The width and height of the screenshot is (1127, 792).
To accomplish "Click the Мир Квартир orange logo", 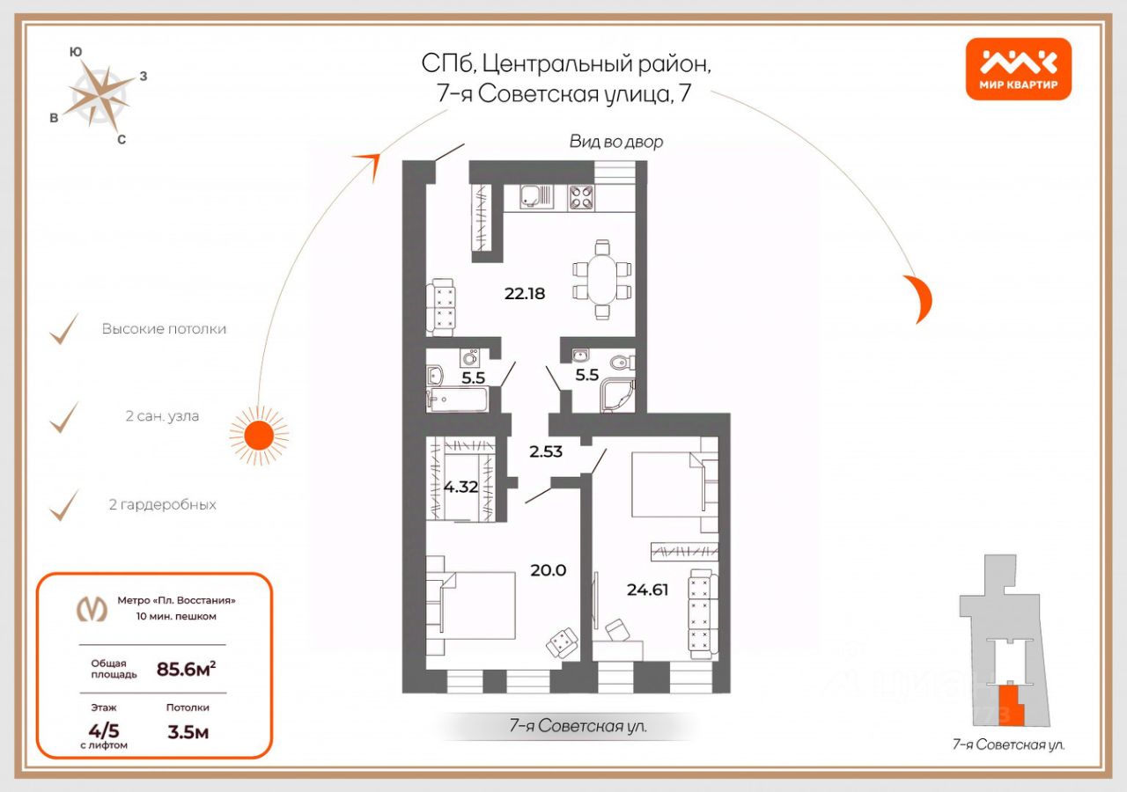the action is pos(1019,69).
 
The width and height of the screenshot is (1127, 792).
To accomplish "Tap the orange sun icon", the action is pos(259,436).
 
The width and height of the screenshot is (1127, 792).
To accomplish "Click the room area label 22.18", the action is pos(525,293).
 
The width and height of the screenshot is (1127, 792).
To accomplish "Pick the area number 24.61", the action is pos(647,590).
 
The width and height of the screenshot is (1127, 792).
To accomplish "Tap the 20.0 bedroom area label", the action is pos(549,570).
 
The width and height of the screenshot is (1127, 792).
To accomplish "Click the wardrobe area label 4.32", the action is pos(460,487).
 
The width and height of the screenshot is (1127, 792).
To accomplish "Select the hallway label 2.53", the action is pos(546,451).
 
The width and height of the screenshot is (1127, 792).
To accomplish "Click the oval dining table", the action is pos(602,280).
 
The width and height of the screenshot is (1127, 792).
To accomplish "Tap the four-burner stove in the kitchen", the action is pos(581,198).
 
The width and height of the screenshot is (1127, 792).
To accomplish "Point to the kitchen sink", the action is pos(536,196).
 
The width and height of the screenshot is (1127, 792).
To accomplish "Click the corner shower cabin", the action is pos(617,395).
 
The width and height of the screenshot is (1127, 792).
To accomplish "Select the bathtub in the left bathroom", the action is pos(457,400).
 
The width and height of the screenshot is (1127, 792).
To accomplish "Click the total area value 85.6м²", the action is pos(186,669).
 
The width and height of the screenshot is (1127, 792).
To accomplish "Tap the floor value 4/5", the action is pos(104,730).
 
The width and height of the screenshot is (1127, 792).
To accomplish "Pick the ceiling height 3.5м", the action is pos(188,732).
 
